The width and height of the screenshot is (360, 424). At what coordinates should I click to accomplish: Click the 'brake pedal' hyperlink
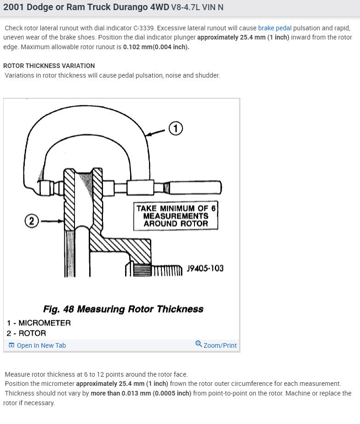[x=274, y=28]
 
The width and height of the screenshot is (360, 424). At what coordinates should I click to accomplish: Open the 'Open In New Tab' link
[x=41, y=345]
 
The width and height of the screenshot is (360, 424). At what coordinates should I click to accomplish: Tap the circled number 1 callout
[x=176, y=129]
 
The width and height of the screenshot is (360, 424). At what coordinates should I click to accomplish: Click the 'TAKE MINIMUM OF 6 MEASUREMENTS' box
[x=175, y=216]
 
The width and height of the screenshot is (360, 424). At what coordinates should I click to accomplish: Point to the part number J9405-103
[x=205, y=268]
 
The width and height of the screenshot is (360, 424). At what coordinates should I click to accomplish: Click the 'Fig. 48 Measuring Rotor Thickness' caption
[x=123, y=309]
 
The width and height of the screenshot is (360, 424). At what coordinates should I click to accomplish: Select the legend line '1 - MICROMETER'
[x=39, y=323]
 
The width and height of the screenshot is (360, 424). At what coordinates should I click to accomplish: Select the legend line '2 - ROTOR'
[x=26, y=334]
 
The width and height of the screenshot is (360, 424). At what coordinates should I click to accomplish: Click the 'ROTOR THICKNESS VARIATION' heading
[x=49, y=66]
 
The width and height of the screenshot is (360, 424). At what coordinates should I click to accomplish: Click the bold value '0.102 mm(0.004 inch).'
[x=156, y=47]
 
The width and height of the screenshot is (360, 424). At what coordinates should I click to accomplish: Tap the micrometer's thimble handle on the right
[x=193, y=187]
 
